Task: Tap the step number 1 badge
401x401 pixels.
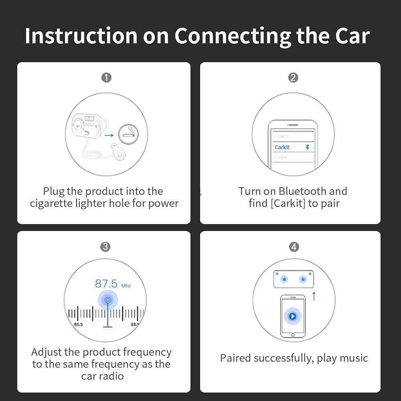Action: click(x=106, y=78)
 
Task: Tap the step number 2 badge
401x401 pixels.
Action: click(x=293, y=78)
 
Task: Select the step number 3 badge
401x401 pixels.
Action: click(x=105, y=247)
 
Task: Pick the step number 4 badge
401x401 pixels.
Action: click(x=294, y=247)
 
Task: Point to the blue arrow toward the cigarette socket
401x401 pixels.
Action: click(x=109, y=136)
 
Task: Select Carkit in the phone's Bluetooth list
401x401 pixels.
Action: click(x=282, y=147)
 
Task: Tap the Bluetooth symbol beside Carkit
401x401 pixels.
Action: click(x=308, y=147)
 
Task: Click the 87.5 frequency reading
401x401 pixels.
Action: click(x=106, y=284)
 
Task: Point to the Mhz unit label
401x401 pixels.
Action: click(x=126, y=286)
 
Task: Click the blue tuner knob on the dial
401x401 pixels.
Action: click(x=107, y=300)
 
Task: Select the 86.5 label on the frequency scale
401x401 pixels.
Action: click(x=78, y=324)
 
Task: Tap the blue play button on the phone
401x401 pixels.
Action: click(x=292, y=316)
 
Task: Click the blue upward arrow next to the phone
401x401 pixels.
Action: click(x=314, y=296)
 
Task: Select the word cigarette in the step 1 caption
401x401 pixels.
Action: click(x=51, y=203)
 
